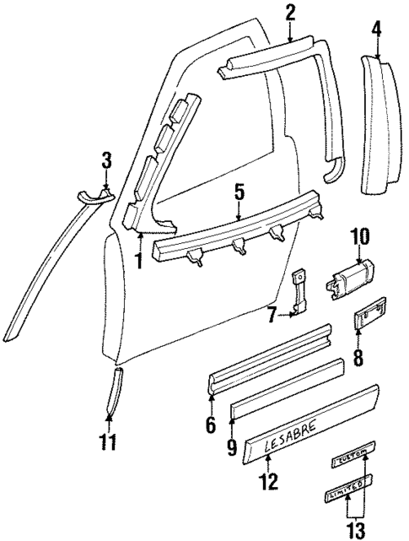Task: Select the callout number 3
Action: (105, 159)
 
